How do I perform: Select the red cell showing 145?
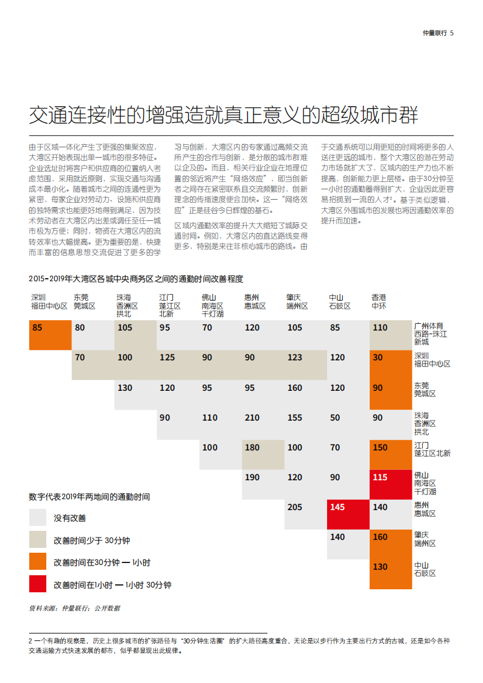(348, 514)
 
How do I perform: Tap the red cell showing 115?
(390, 484)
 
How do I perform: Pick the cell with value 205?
(305, 514)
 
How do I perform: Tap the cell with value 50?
(348, 424)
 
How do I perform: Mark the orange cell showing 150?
(390, 454)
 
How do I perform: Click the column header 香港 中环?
(379, 301)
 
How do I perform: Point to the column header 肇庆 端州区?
(297, 301)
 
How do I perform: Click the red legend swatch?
(38, 584)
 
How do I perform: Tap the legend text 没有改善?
(70, 518)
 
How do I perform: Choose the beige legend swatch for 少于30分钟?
(38, 540)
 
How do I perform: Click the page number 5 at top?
(452, 33)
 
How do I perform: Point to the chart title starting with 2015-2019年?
(136, 279)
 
